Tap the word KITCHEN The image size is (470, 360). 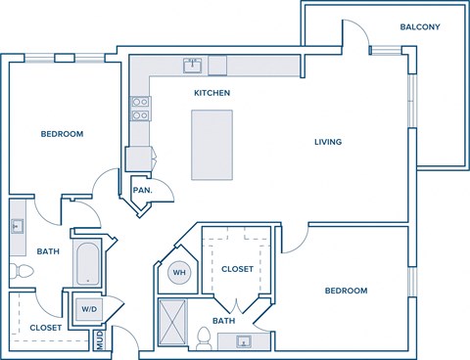point(211,93)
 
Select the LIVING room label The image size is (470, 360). point(327,142)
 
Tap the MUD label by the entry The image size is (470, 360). point(99,340)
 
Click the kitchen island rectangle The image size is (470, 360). point(211,144)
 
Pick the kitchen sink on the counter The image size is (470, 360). point(192,67)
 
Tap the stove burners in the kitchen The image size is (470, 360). point(140,107)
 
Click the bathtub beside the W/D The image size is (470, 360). point(87,262)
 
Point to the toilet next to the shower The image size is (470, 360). point(204,338)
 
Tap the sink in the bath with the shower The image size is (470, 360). point(243,341)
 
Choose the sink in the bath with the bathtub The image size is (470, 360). point(17,226)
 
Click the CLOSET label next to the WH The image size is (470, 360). point(237,269)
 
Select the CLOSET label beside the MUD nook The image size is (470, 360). point(45,328)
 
